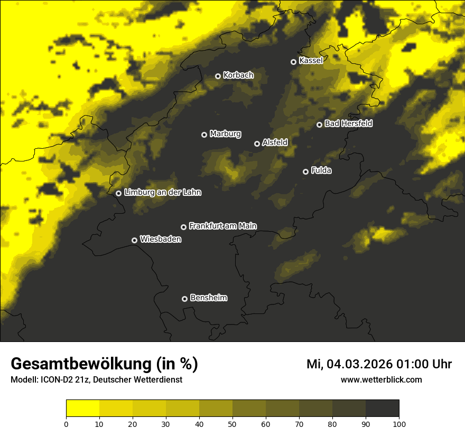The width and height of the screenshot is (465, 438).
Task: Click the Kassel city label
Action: [x=311, y=61]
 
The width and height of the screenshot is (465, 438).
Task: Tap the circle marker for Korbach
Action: [x=218, y=76]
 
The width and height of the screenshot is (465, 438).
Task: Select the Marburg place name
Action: [x=225, y=134]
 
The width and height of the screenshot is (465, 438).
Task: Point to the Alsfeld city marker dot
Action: [x=257, y=144]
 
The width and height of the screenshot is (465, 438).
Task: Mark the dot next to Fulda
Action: [x=305, y=172]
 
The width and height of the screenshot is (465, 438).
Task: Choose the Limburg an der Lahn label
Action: [x=163, y=193]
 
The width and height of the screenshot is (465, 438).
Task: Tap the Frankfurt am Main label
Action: [x=222, y=226]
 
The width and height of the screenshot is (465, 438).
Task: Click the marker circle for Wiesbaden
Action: [x=134, y=240]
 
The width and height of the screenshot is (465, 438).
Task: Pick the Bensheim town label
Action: [x=208, y=298]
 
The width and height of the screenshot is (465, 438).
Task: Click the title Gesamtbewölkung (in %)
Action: [x=104, y=364]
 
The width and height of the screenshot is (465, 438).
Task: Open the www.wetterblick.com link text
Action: [x=382, y=379]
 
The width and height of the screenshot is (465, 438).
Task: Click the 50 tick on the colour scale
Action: [x=232, y=424]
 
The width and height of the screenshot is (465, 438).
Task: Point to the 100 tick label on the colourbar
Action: [x=399, y=424]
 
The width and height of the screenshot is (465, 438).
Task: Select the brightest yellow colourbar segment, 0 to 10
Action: [x=83, y=408]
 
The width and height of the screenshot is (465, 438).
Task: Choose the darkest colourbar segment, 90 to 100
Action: [x=383, y=408]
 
